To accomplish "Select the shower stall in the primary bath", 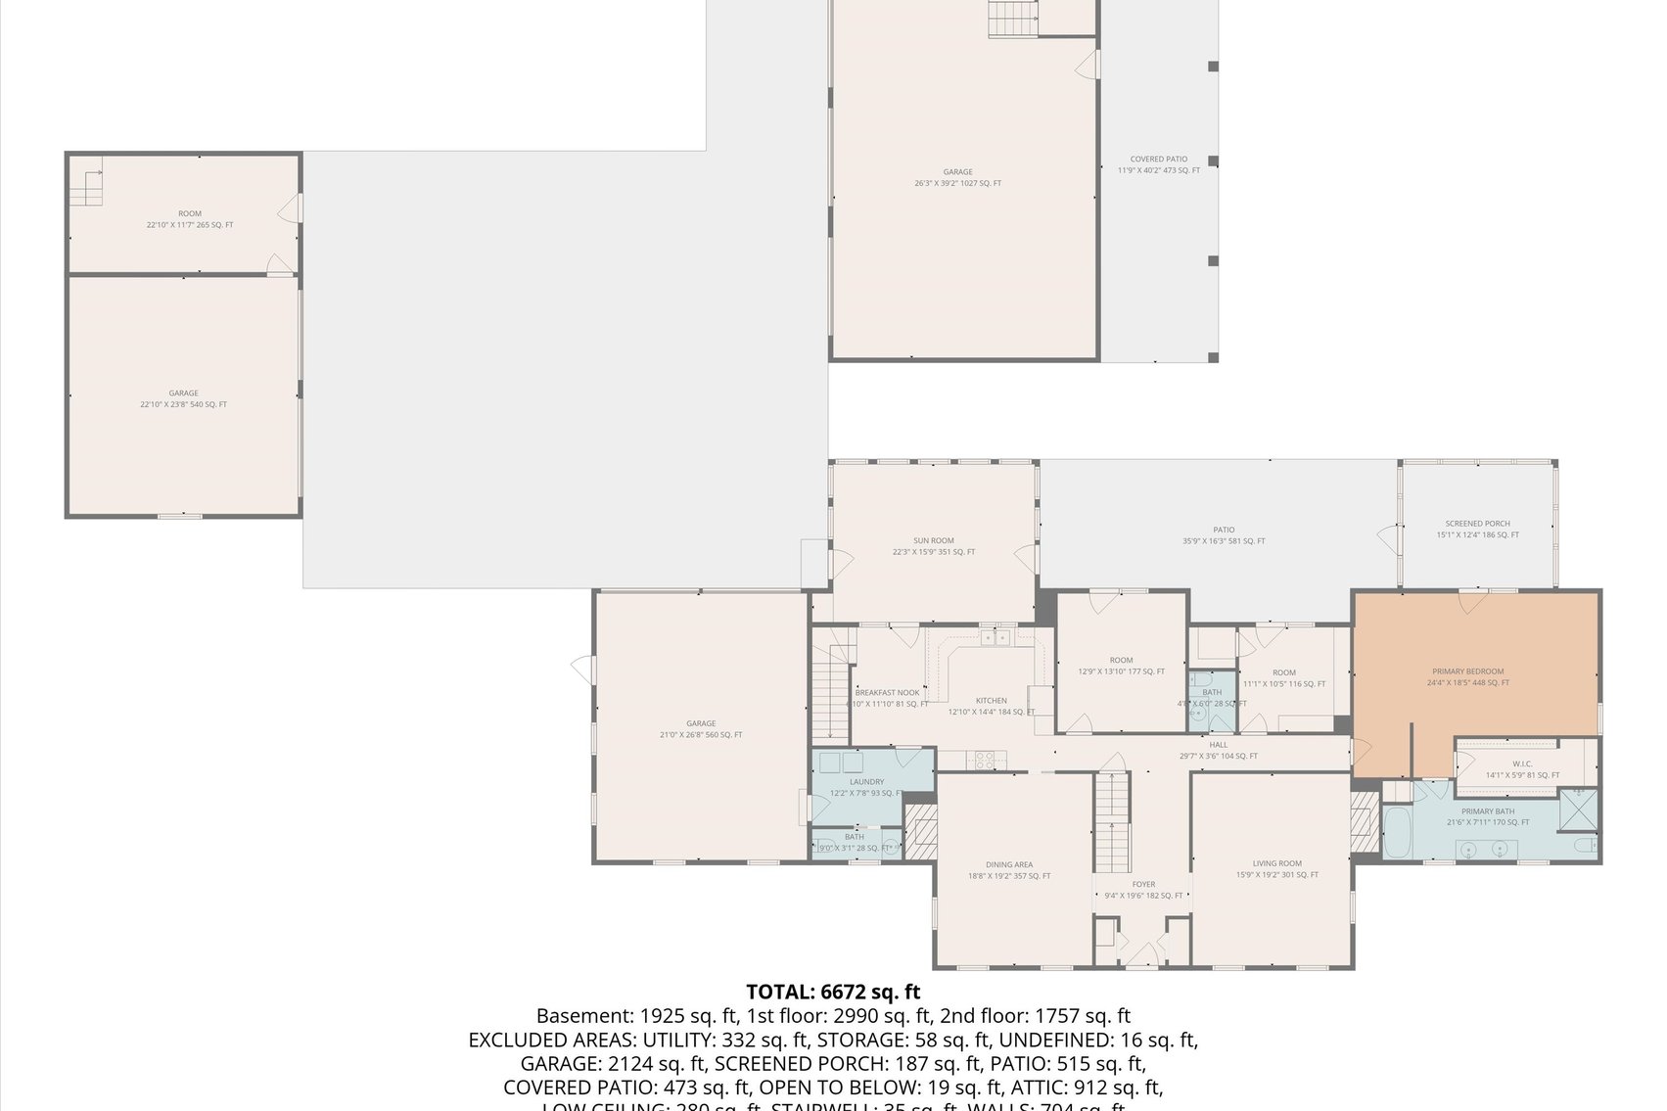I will pyautogui.click(x=1578, y=805).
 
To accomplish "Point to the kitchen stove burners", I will pyautogui.click(x=984, y=757).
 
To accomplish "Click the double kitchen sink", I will pyautogui.click(x=996, y=638).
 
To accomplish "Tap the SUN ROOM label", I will pyautogui.click(x=933, y=540).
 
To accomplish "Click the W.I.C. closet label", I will pyautogui.click(x=1521, y=764).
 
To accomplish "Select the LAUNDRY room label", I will pyautogui.click(x=866, y=781).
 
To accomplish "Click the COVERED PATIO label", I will pyautogui.click(x=1158, y=159).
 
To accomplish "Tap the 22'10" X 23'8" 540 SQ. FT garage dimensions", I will pyautogui.click(x=183, y=404).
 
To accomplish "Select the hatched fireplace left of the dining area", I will pyautogui.click(x=919, y=832).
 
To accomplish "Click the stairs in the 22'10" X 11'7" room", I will pyautogui.click(x=88, y=188).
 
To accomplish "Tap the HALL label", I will pyautogui.click(x=1218, y=744).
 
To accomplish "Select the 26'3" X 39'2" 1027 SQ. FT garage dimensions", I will pyautogui.click(x=957, y=183).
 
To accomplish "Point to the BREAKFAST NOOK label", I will pyautogui.click(x=887, y=692).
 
